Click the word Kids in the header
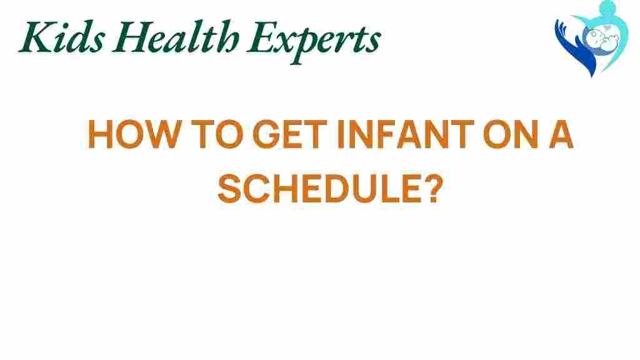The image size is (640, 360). pos(61,36)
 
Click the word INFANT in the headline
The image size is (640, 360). pos(405,134)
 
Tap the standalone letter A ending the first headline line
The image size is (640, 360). pos(560,134)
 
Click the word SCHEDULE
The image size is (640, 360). pos(319,189)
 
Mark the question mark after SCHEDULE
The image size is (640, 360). pos(432,189)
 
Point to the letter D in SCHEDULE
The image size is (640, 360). pos(337,189)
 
